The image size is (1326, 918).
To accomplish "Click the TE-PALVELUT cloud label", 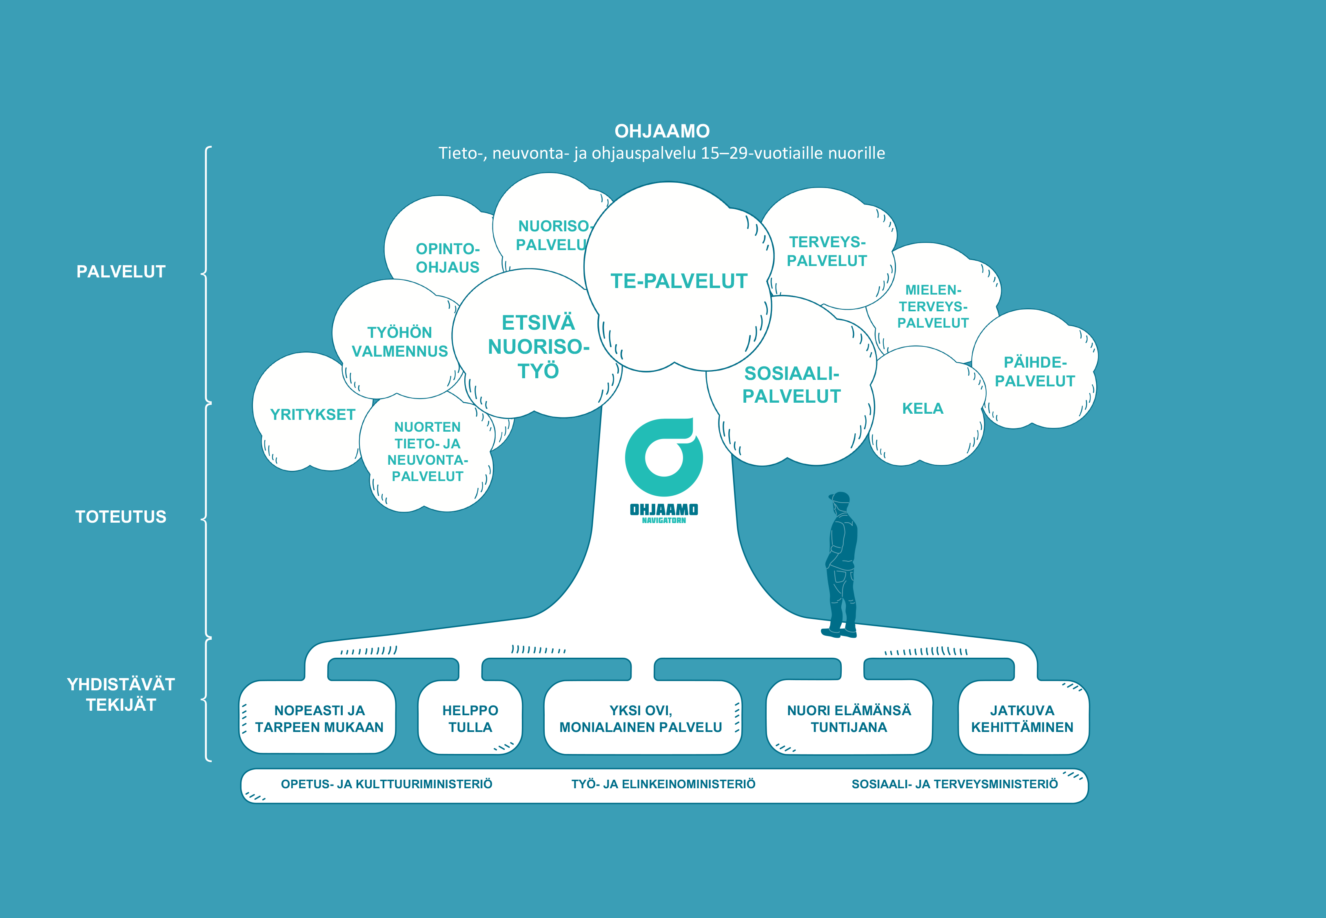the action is [679, 281].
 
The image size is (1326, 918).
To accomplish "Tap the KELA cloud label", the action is [922, 409].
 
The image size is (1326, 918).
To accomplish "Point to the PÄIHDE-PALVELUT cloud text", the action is [1035, 372].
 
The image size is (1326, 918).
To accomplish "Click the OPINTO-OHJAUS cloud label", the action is [447, 258].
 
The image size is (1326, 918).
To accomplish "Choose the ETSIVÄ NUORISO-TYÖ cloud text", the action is [538, 347].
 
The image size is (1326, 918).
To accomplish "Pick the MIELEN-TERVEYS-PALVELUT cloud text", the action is [933, 306].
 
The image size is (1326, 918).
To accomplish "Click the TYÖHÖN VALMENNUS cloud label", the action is [400, 341].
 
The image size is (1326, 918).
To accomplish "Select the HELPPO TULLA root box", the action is [470, 718].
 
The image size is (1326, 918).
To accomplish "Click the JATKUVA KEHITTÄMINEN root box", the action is [1023, 718].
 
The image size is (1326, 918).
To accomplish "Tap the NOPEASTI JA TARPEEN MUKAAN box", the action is [317, 718].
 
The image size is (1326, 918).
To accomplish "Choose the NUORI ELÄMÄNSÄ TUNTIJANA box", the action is [849, 718].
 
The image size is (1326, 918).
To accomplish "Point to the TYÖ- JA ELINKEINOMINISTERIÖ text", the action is [663, 785].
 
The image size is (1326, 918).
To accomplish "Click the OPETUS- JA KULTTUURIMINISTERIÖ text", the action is [386, 785].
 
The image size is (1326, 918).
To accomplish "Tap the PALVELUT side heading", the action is [121, 271].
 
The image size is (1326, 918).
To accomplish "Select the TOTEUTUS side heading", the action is [121, 517].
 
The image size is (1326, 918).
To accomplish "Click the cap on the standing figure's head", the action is [840, 497].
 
